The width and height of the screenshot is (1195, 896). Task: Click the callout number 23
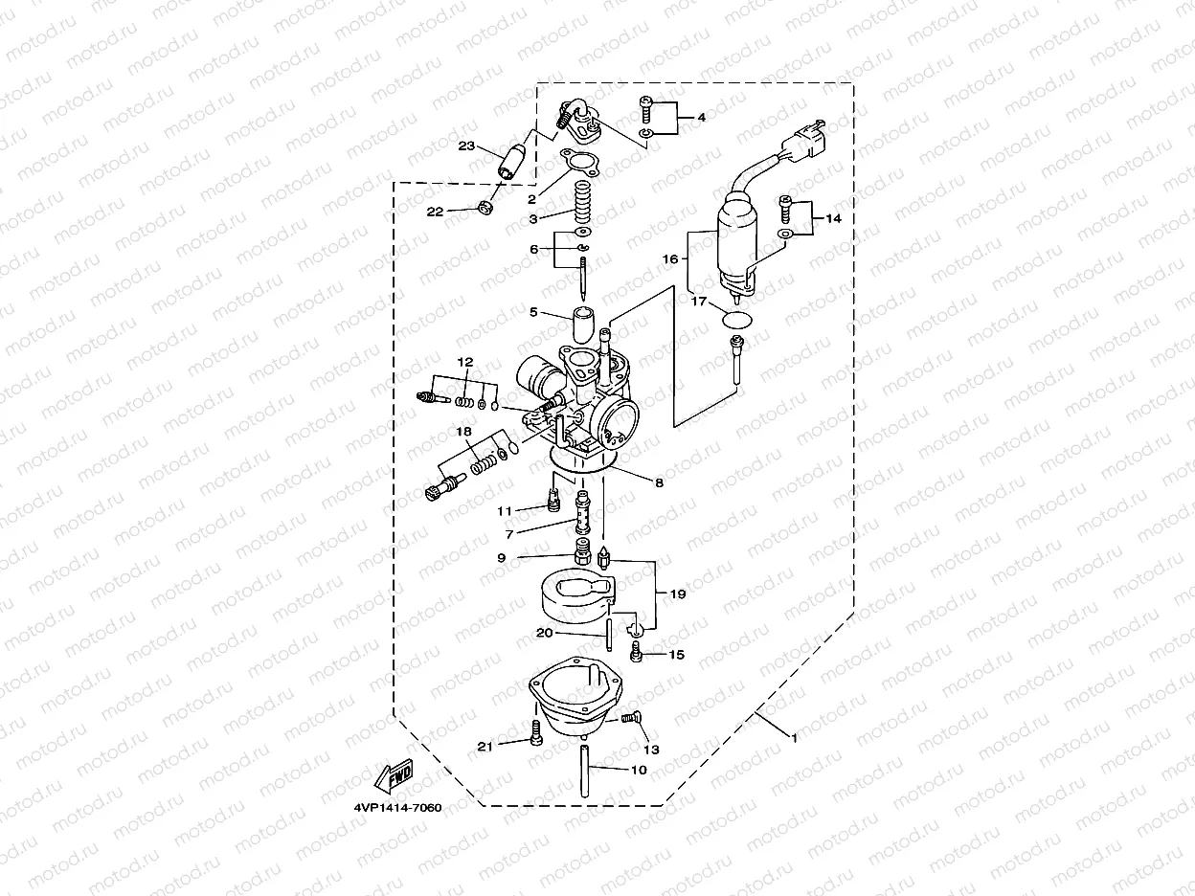(x=466, y=146)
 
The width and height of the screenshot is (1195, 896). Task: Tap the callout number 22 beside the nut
(x=436, y=212)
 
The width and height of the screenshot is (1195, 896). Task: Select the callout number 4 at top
(x=701, y=117)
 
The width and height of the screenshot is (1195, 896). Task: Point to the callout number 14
(x=833, y=218)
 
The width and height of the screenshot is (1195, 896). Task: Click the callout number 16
(x=670, y=258)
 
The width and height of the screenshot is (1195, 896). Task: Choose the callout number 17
(x=700, y=302)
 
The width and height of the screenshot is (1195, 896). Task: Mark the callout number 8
(x=659, y=483)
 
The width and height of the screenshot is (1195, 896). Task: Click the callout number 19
(x=678, y=594)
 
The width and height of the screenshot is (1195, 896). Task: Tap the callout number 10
(x=639, y=770)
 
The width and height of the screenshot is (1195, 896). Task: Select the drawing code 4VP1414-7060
(x=395, y=808)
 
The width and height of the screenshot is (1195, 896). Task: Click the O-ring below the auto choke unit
(x=736, y=321)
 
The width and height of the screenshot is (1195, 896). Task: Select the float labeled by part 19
(x=570, y=591)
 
